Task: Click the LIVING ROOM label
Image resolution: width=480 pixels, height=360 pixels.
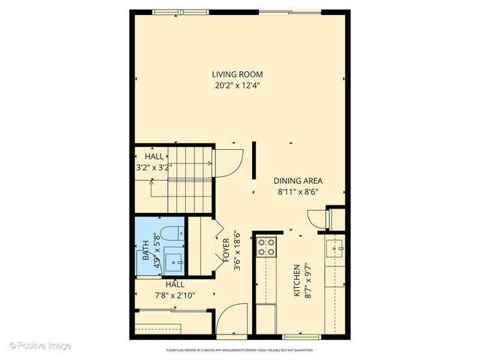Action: (x=237, y=74)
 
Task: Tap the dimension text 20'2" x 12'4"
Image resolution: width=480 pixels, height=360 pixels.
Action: (x=237, y=85)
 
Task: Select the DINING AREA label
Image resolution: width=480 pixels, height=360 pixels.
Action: (x=296, y=181)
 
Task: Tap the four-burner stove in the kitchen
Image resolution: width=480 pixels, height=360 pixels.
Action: (x=265, y=247)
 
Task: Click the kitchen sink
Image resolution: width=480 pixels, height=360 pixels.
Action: (x=335, y=245)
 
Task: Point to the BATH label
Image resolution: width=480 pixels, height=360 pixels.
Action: (x=144, y=249)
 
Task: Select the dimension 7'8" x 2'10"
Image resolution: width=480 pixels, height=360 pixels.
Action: (x=175, y=295)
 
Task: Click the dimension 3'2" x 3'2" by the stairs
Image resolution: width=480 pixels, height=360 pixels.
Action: (x=154, y=168)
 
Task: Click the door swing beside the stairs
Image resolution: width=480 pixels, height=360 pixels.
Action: (x=228, y=160)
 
